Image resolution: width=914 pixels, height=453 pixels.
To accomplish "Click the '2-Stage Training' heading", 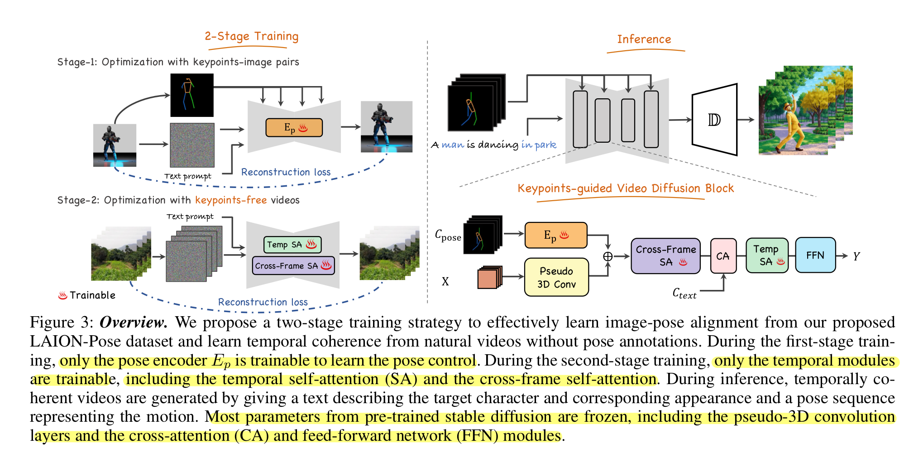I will click(251, 36).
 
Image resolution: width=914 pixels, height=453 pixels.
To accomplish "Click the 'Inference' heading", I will click(644, 39).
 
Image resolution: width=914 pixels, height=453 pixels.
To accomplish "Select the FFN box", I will click(815, 255).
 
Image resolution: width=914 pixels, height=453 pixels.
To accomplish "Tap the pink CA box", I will click(723, 256).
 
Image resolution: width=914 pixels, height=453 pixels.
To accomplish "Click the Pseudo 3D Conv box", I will click(556, 277).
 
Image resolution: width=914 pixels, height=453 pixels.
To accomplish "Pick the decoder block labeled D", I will click(714, 120).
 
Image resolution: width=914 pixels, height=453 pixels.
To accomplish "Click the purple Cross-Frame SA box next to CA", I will click(665, 256).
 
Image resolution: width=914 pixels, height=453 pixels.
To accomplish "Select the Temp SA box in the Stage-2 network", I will click(292, 245).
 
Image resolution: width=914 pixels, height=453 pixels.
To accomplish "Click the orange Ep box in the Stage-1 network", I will click(294, 128).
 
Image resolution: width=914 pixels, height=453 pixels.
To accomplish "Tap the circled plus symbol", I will click(608, 256).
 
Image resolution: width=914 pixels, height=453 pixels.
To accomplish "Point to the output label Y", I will click(856, 256).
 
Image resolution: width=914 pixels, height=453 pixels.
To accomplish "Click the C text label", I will click(684, 294).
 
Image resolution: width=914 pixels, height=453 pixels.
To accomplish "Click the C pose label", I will click(448, 236).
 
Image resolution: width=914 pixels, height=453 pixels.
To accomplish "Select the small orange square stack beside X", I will click(489, 278).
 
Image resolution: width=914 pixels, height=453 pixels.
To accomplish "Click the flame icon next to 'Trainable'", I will click(62, 295).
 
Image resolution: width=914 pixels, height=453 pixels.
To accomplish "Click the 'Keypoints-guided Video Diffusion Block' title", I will click(625, 188).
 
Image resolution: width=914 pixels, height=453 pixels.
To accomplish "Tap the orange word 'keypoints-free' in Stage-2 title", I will click(231, 200).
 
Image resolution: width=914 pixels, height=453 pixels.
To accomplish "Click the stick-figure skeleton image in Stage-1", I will click(191, 95).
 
